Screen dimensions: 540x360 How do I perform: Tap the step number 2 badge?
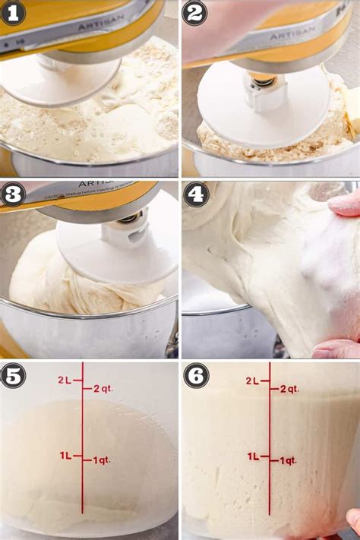pyautogui.click(x=194, y=13)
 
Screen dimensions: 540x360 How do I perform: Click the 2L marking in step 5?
pyautogui.click(x=66, y=380)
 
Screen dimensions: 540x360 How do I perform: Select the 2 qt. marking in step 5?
pyautogui.click(x=103, y=389)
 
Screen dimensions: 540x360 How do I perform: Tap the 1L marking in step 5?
pyautogui.click(x=66, y=455)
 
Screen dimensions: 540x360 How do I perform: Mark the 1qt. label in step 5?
pyautogui.click(x=102, y=460)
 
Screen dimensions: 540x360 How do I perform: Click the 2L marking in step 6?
pyautogui.click(x=252, y=381)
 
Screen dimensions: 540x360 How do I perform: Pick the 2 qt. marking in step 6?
pyautogui.click(x=289, y=389)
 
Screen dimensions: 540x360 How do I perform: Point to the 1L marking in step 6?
pyautogui.click(x=253, y=456)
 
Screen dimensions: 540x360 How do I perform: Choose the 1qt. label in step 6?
pyautogui.click(x=287, y=460)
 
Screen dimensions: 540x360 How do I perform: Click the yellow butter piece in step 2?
pyautogui.click(x=352, y=101)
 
